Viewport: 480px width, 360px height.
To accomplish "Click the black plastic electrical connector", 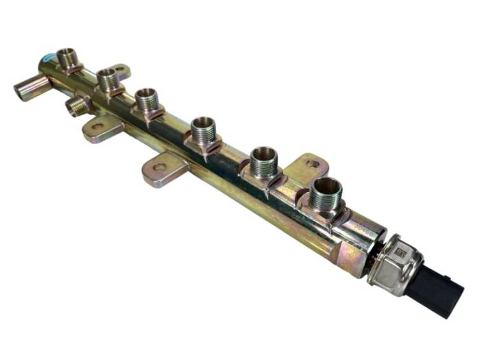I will [x=435, y=288].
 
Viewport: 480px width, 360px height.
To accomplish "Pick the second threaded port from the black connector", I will [x=264, y=162].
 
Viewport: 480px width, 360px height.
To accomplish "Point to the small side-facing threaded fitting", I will [x=78, y=106].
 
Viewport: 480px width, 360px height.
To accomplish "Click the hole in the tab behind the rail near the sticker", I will [x=121, y=70].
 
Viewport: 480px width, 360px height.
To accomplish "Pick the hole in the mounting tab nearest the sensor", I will [x=313, y=164].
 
